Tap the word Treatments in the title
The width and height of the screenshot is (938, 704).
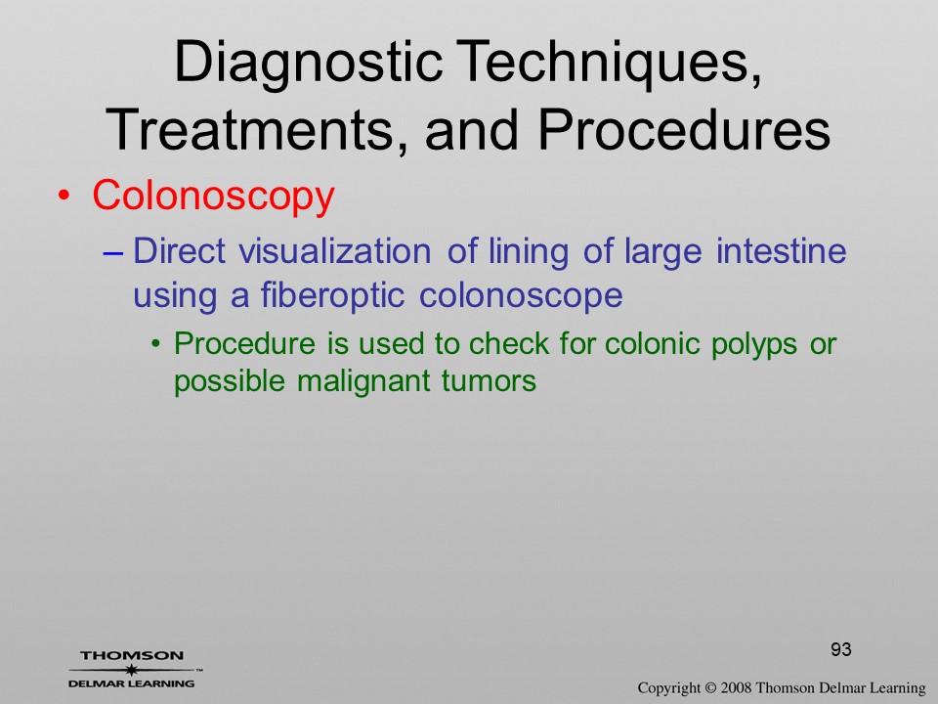tap(249, 129)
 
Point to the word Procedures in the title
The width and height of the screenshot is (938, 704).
tap(684, 129)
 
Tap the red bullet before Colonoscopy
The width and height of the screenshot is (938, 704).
tap(64, 197)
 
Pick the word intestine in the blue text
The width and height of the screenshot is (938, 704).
tap(782, 251)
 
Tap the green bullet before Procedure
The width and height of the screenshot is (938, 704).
tap(155, 344)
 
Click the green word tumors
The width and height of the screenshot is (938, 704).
tap(489, 381)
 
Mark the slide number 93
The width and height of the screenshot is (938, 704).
tap(841, 649)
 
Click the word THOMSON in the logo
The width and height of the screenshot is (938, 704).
tap(132, 655)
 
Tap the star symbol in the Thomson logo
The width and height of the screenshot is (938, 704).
tap(131, 670)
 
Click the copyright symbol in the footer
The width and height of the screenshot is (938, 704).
tap(710, 688)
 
